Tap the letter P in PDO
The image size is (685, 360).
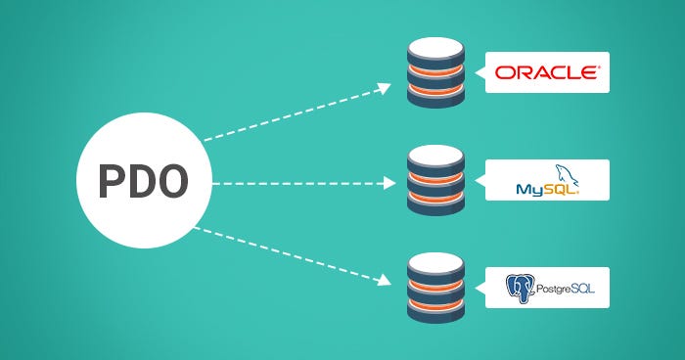click(x=110, y=182)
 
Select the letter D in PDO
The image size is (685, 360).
click(x=143, y=182)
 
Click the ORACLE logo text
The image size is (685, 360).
click(x=546, y=72)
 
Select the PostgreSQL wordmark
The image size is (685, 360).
click(x=564, y=289)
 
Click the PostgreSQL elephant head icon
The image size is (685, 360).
click(x=519, y=288)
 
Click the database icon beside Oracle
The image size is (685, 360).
click(x=435, y=73)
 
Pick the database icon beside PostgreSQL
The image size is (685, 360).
click(x=435, y=289)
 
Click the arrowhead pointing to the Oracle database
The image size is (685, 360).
click(x=385, y=88)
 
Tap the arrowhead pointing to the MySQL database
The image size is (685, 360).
click(x=388, y=182)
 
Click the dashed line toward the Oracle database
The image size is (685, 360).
click(x=294, y=112)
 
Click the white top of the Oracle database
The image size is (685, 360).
click(x=435, y=46)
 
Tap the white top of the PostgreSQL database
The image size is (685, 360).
click(x=435, y=261)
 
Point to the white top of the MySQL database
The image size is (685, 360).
click(x=435, y=154)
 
